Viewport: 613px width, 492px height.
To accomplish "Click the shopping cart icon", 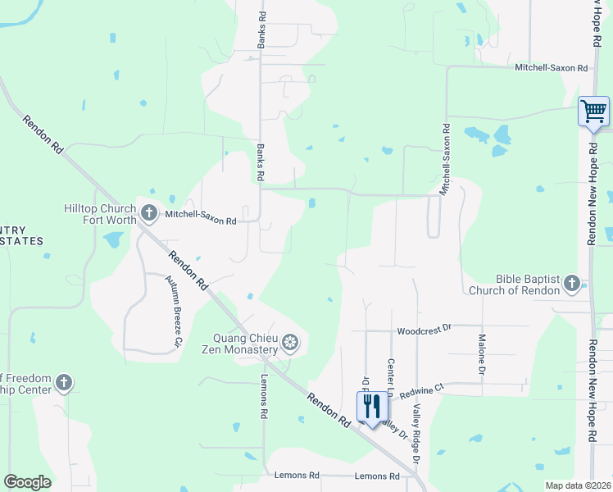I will tap(593, 110).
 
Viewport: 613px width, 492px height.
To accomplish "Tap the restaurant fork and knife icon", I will tap(371, 406).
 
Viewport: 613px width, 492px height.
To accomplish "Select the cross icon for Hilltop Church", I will tap(148, 213).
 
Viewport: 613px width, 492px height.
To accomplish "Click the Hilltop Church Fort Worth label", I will tap(102, 215).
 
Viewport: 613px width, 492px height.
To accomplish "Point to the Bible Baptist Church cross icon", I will tap(572, 285).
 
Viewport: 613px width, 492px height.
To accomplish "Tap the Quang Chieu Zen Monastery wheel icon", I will tap(289, 342).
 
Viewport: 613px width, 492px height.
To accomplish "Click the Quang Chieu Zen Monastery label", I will tap(246, 343).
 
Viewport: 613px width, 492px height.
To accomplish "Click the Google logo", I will tap(27, 482).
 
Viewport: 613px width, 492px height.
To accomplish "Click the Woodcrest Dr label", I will tap(424, 329).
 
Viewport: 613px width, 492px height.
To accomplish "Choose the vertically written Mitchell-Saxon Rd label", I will tap(446, 159).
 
